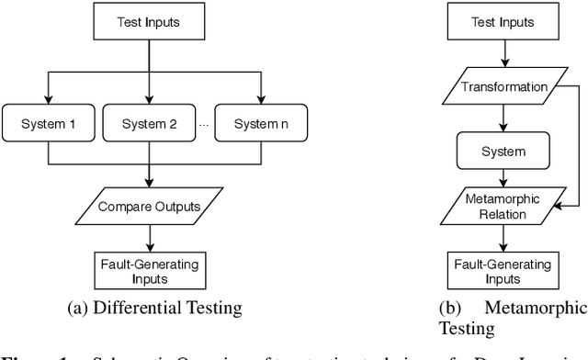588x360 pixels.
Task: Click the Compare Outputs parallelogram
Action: click(x=147, y=207)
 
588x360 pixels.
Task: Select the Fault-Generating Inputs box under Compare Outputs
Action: click(x=147, y=270)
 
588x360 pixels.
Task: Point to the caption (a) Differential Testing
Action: click(x=147, y=306)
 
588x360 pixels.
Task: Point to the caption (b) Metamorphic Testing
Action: click(x=514, y=314)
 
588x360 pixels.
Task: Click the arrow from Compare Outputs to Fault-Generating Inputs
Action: click(x=147, y=236)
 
